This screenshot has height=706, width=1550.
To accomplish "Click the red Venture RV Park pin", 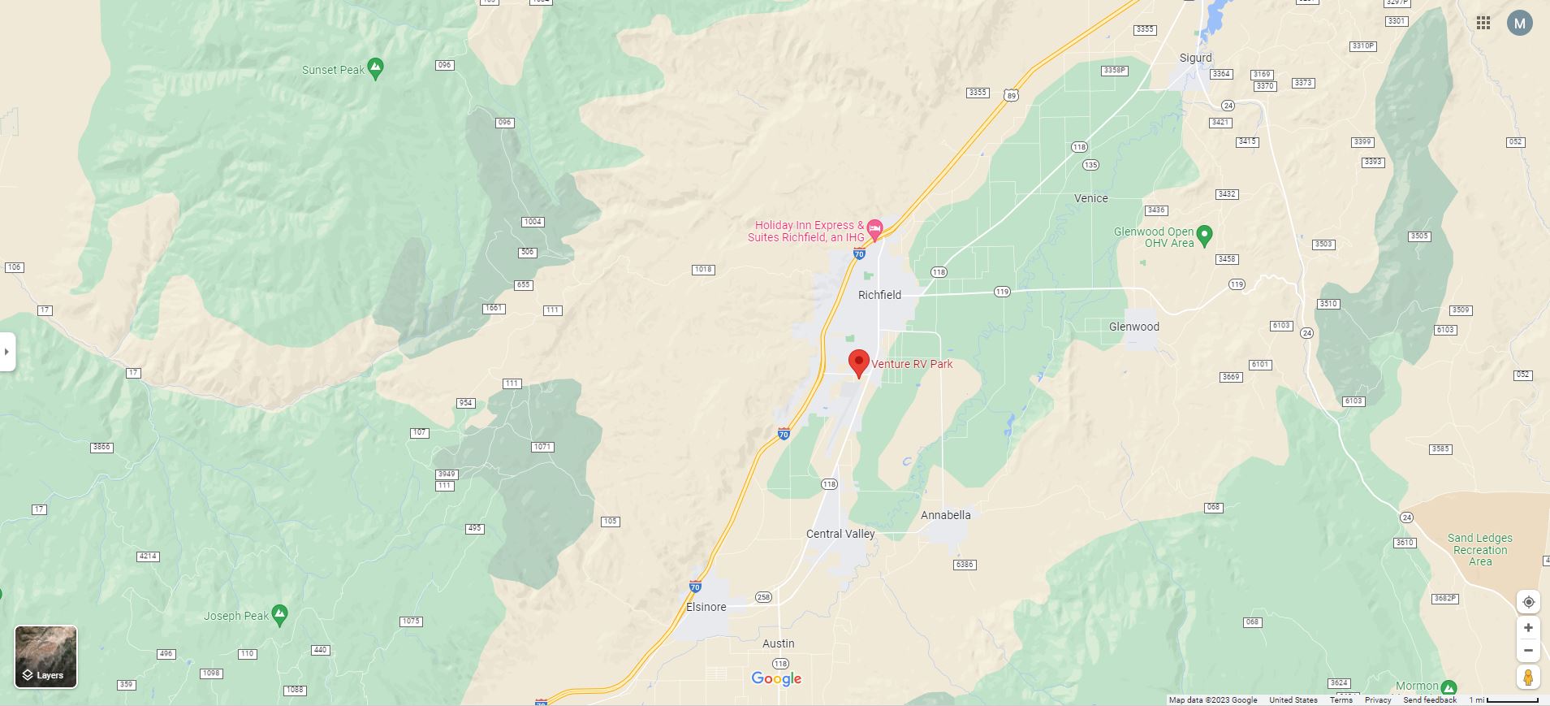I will pyautogui.click(x=858, y=362).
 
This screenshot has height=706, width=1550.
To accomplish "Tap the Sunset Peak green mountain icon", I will pyautogui.click(x=375, y=68).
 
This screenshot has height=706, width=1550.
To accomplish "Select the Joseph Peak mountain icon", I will pyautogui.click(x=279, y=615).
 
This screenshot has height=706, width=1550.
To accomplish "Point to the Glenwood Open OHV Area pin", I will pyautogui.click(x=1205, y=236).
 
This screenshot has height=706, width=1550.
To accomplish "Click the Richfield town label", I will pyautogui.click(x=879, y=295).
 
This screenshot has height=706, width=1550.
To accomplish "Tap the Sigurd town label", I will pyautogui.click(x=1195, y=58).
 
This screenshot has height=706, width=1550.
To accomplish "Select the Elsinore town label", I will pyautogui.click(x=706, y=607).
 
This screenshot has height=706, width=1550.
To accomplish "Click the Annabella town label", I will pyautogui.click(x=945, y=515).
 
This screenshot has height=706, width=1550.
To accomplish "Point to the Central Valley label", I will pyautogui.click(x=840, y=534).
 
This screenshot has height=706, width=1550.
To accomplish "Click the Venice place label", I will pyautogui.click(x=1090, y=198).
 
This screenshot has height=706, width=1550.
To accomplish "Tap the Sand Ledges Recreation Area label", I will pyautogui.click(x=1479, y=549).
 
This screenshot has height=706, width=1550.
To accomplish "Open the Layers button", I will pyautogui.click(x=46, y=656).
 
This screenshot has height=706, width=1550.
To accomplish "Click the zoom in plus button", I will pyautogui.click(x=1528, y=628).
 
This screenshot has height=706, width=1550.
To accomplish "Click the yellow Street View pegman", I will pyautogui.click(x=1528, y=677).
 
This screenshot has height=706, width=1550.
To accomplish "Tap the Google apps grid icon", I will pyautogui.click(x=1483, y=23).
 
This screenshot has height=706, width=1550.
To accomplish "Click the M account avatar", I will pyautogui.click(x=1519, y=23).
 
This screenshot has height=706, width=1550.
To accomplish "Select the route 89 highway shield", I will pyautogui.click(x=1011, y=95).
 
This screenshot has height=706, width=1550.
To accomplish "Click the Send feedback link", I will pyautogui.click(x=1429, y=700).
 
